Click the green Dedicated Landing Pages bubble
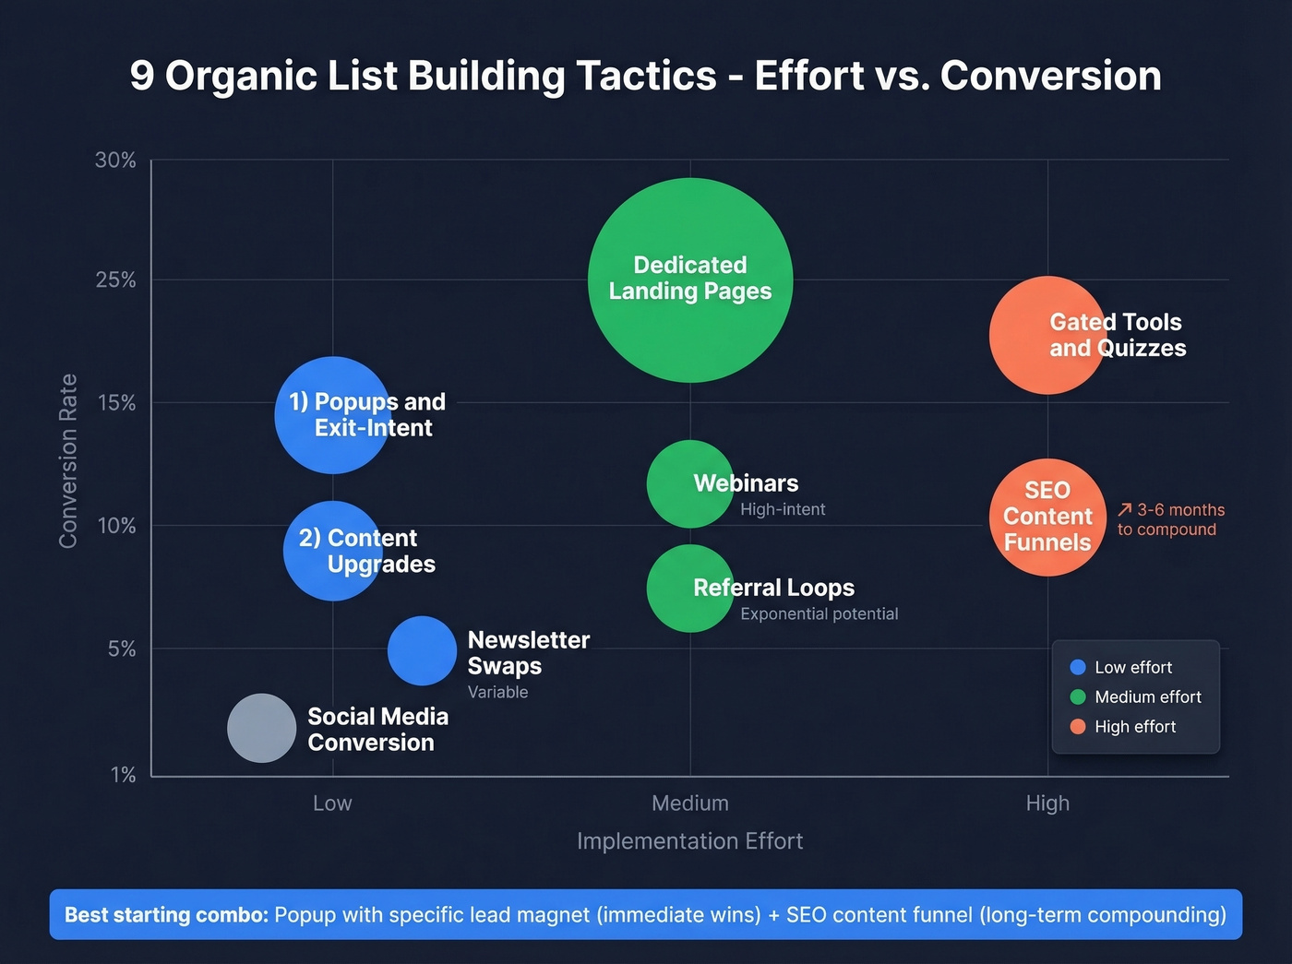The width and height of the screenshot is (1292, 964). (x=690, y=280)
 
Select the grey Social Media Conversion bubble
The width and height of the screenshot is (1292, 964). (x=262, y=728)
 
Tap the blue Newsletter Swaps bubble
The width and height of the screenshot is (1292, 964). (x=422, y=651)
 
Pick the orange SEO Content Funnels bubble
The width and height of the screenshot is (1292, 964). (x=1047, y=518)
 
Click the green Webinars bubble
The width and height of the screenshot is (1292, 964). (x=688, y=484)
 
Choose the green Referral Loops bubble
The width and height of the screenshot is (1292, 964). (x=688, y=589)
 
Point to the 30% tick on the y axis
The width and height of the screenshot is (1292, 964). (x=115, y=161)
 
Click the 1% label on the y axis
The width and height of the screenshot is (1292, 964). (x=123, y=775)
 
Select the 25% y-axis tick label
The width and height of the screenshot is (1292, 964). (x=115, y=280)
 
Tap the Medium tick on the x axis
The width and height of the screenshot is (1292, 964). (x=690, y=803)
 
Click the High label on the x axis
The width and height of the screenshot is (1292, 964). (x=1047, y=803)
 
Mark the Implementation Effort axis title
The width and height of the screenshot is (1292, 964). (x=689, y=841)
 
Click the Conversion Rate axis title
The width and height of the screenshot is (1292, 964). (x=68, y=461)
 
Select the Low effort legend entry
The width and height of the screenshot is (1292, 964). (x=1132, y=667)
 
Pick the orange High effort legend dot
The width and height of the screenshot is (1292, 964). (x=1077, y=727)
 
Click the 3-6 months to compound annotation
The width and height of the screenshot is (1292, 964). (x=1170, y=519)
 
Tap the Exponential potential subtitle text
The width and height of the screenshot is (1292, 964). (x=819, y=614)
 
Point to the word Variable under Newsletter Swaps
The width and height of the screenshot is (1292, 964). (x=497, y=692)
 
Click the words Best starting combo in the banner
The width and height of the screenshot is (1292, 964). (x=166, y=915)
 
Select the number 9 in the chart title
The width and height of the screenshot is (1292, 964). (x=141, y=76)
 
